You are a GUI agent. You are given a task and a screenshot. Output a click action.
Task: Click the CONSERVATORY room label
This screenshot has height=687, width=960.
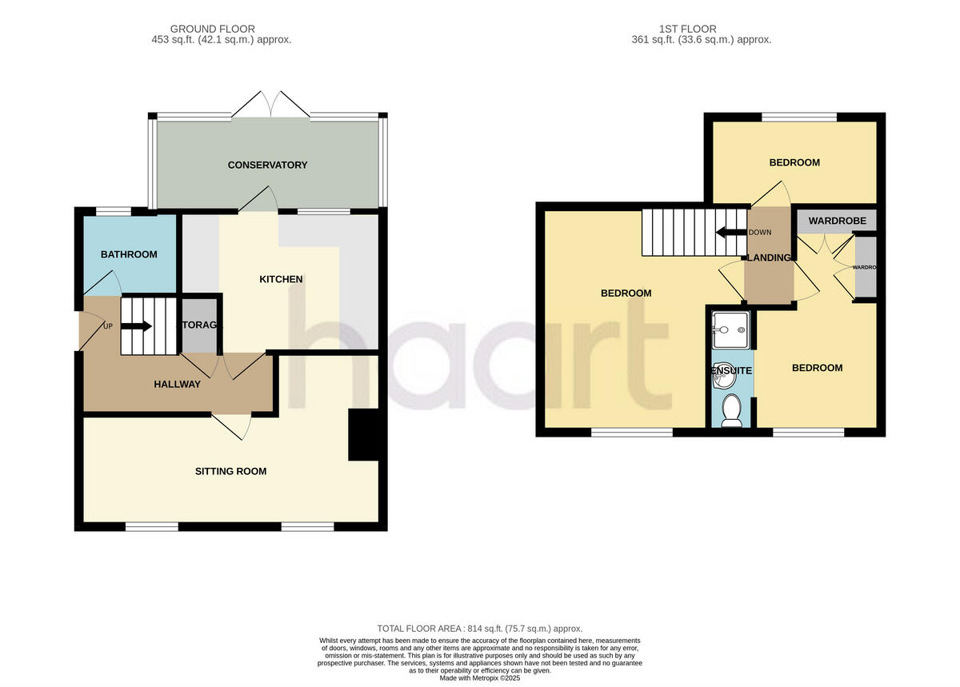267,166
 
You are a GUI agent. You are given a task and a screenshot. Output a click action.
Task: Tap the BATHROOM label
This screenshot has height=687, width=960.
128,254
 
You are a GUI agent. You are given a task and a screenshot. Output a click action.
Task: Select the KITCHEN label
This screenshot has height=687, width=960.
281,279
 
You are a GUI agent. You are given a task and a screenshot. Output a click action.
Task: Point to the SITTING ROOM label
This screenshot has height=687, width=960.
230,471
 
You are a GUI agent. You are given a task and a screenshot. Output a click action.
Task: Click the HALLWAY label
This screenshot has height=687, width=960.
177,384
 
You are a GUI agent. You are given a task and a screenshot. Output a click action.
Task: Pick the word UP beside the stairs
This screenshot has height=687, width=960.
108,326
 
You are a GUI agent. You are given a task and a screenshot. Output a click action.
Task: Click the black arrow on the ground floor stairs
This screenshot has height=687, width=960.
137,326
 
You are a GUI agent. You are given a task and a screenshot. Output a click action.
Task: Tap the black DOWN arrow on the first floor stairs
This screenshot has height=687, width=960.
730,233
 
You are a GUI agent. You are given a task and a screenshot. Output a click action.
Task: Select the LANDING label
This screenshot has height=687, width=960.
769,258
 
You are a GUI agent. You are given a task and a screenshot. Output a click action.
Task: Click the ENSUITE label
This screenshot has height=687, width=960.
731,371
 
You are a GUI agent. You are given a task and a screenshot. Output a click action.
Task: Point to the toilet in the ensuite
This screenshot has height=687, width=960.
730,410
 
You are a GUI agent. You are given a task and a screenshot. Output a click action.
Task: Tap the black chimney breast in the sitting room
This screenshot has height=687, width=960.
363,435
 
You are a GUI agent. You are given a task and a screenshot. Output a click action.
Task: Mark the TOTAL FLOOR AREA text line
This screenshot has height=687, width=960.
479,629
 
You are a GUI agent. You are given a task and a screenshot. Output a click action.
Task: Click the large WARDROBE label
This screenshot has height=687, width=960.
837,221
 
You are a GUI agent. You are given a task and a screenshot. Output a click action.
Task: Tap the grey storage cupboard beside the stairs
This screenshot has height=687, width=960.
197,326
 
